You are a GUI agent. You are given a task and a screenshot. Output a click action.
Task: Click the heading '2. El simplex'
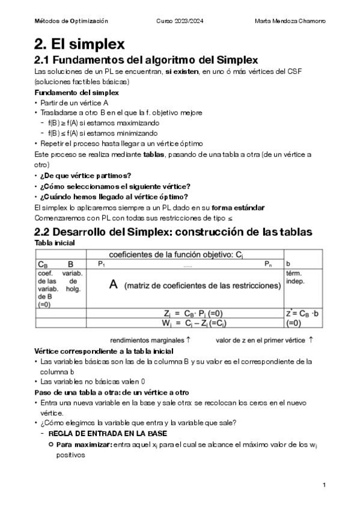point(79,44)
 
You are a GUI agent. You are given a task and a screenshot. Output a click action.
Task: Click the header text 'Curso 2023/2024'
point(180,21)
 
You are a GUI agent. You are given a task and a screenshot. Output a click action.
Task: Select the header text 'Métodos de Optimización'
point(71,21)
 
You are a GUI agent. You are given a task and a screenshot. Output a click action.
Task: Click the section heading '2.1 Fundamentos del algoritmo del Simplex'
point(146,60)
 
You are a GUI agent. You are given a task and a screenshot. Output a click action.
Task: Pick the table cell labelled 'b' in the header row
point(288,264)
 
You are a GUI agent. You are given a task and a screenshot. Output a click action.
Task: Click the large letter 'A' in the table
point(113,286)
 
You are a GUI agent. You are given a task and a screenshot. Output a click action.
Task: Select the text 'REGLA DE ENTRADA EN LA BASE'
point(107,433)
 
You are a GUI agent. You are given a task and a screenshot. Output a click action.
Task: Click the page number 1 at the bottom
point(324,485)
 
